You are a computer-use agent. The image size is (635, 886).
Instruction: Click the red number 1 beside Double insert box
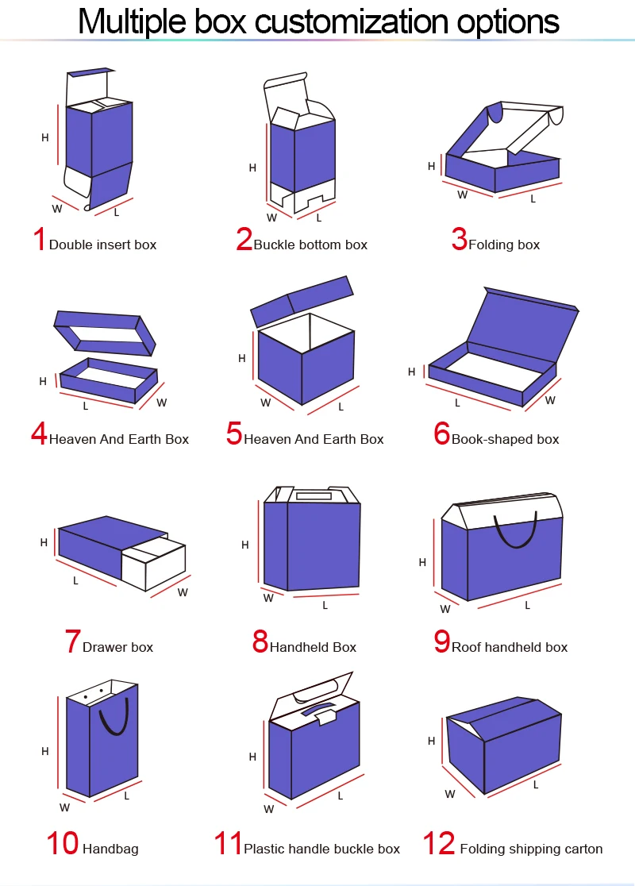click(39, 239)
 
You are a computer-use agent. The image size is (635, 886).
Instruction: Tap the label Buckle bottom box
click(310, 245)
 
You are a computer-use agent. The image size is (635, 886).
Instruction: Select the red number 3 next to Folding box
click(459, 239)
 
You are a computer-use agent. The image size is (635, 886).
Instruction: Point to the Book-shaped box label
click(505, 439)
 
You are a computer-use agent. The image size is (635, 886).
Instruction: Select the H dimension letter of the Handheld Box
click(245, 545)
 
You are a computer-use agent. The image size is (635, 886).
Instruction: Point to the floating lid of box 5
click(302, 301)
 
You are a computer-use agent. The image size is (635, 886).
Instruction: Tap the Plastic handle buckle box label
click(321, 849)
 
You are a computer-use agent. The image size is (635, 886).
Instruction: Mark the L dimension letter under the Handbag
click(127, 795)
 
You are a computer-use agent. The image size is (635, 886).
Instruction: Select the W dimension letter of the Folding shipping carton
click(449, 794)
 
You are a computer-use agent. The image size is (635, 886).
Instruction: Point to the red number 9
click(442, 641)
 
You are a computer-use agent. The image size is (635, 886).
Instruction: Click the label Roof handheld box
click(510, 647)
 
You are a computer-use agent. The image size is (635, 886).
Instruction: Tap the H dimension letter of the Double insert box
click(45, 137)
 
